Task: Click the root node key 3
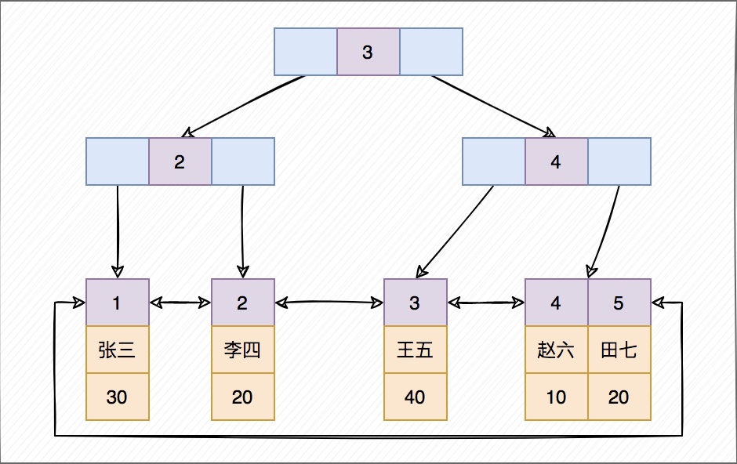[x=368, y=53]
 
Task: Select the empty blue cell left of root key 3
[x=305, y=53]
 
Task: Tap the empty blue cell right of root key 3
[x=431, y=53]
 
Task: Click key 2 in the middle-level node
[x=180, y=162]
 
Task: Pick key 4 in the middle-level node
[x=556, y=162]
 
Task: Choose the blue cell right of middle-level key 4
[x=619, y=162]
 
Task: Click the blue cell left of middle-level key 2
[x=117, y=162]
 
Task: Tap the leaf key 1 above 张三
[x=117, y=303]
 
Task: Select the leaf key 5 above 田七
[x=619, y=303]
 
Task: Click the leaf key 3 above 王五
[x=415, y=303]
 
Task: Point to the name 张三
[x=117, y=350]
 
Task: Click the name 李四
[x=242, y=350]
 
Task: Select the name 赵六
[x=556, y=350]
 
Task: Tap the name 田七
[x=619, y=350]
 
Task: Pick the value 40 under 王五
[x=415, y=397]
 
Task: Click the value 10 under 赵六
[x=556, y=397]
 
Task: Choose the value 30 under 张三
[x=117, y=397]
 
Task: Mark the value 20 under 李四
[x=242, y=397]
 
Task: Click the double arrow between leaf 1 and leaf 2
[x=180, y=302]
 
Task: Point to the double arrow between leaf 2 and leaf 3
[x=329, y=302]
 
